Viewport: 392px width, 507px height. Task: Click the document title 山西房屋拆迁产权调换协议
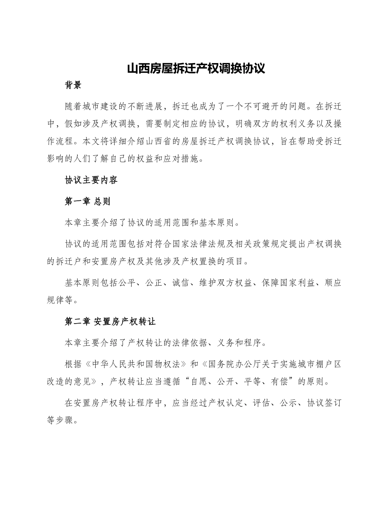[x=196, y=68]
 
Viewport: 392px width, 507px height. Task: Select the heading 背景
[x=73, y=85]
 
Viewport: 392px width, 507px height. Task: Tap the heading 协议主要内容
[x=91, y=180]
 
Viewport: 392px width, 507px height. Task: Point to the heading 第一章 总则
[x=87, y=201]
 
